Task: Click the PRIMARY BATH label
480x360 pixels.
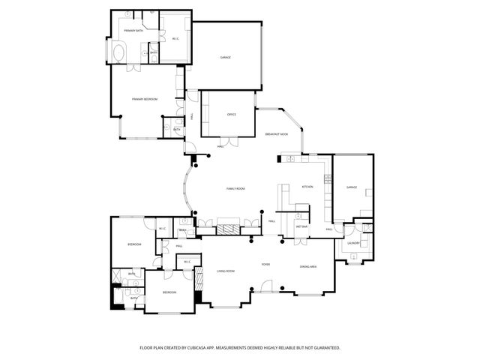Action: pos(133,31)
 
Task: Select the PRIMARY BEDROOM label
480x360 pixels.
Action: pos(144,99)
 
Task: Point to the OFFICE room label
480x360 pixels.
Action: pos(232,115)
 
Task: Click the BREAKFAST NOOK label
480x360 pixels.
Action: pos(277,133)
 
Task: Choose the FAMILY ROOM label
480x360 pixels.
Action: pos(237,189)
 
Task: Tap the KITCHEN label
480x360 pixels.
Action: pos(307,187)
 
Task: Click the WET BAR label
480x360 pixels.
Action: pos(302,226)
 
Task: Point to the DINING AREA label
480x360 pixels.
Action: pos(307,267)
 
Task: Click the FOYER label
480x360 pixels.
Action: pos(265,265)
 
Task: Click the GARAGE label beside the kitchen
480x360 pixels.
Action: pos(351,187)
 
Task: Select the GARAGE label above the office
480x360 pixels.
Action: pos(224,58)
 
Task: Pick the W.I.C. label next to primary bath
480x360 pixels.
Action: pos(175,38)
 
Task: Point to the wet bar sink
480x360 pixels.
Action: pos(302,208)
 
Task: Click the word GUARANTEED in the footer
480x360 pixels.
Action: pos(325,348)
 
